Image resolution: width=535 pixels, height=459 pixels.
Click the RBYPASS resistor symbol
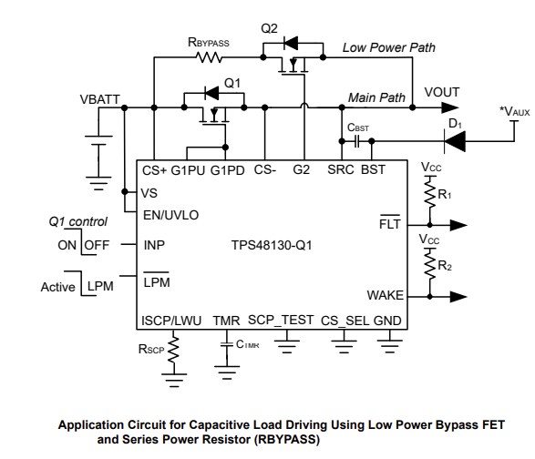point(209,57)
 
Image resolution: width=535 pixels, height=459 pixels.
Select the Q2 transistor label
point(269,28)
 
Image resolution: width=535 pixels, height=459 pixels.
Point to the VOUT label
point(443,93)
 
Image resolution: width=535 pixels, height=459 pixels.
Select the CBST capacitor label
point(358,128)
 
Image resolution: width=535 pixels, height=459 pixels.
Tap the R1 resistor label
point(445,194)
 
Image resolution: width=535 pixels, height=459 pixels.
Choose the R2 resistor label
point(445,267)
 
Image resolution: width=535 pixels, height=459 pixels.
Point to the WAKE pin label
point(386,295)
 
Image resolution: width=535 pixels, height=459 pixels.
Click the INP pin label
point(154,245)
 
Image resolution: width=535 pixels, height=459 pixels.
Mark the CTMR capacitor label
point(247,344)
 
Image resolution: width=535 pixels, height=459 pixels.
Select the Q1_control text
point(77,221)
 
